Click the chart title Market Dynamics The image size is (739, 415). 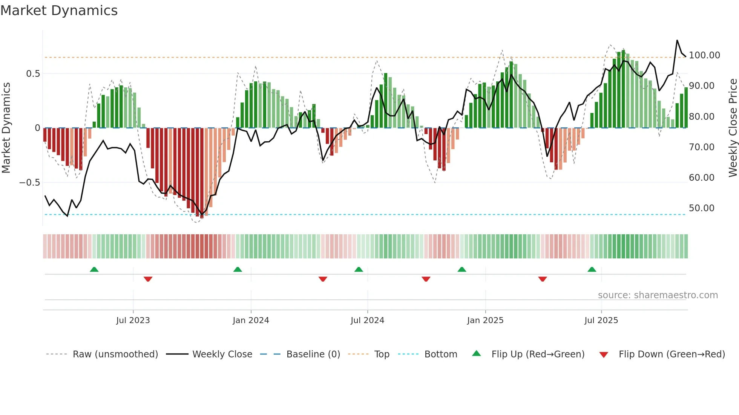[x=59, y=11]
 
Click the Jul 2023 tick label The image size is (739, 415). [x=133, y=320]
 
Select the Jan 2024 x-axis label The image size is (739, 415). [x=251, y=320]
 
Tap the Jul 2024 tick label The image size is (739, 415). [x=367, y=320]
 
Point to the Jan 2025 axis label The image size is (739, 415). [x=485, y=320]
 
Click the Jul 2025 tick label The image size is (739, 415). [x=601, y=320]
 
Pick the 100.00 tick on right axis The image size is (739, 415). [x=704, y=55]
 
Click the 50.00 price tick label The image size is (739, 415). [x=701, y=208]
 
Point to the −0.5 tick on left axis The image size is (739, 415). [x=29, y=183]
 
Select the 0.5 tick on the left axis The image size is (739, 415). [x=33, y=74]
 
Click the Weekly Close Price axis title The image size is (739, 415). [x=733, y=128]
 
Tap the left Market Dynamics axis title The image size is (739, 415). [x=6, y=128]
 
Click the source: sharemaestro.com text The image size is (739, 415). [x=658, y=295]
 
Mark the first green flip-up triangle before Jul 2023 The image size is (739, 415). [x=94, y=269]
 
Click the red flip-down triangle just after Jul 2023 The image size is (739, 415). [x=148, y=279]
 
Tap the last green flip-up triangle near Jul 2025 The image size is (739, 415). [x=592, y=269]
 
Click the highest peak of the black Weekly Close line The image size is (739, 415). [x=677, y=40]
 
